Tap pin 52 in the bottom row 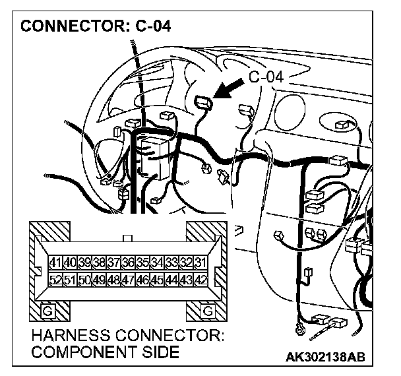[x=55, y=280]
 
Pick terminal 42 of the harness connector [x=200, y=280]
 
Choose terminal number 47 [x=128, y=280]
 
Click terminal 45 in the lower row [x=157, y=280]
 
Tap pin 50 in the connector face [x=84, y=280]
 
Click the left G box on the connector [x=47, y=310]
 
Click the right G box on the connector [x=208, y=310]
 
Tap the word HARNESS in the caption [x=69, y=336]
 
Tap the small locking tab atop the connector [x=128, y=236]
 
